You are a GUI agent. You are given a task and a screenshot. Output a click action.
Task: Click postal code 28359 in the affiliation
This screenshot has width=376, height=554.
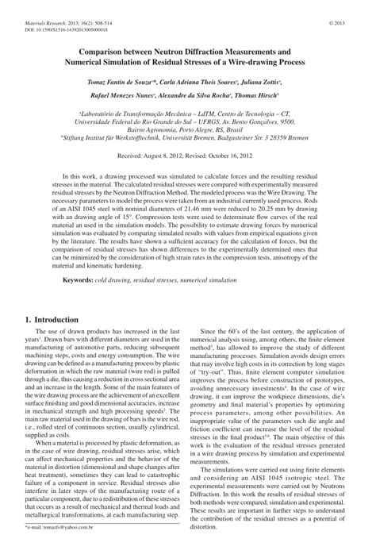pos(290,137)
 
